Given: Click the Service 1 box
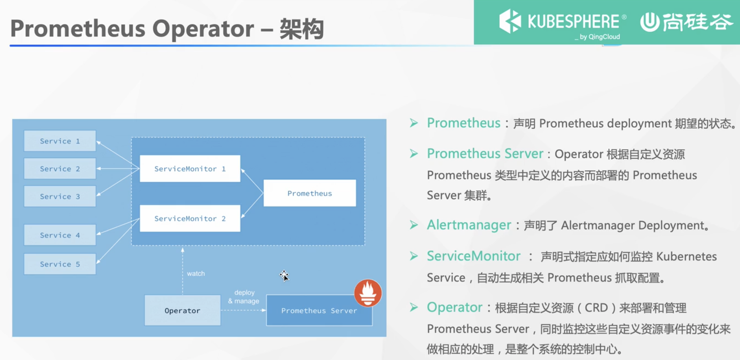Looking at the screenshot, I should (x=60, y=141).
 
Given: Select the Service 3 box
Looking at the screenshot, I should (x=60, y=196).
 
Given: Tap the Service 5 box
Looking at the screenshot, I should (x=60, y=264).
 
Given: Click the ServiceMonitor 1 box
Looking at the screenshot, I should (x=190, y=169).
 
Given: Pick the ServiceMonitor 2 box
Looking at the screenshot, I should (x=190, y=218).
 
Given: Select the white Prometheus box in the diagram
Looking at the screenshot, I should (x=309, y=193).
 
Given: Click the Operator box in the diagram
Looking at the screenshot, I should (x=182, y=310).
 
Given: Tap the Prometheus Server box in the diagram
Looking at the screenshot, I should (x=319, y=311).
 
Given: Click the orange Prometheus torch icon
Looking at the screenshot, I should (x=368, y=293).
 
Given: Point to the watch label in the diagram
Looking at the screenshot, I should (x=196, y=274).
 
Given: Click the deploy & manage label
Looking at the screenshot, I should (x=244, y=297).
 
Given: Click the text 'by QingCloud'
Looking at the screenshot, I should (x=599, y=37).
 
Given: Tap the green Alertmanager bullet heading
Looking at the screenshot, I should (x=469, y=225).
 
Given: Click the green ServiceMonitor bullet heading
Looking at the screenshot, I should (x=474, y=256).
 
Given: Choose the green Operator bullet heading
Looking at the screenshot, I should (x=454, y=307).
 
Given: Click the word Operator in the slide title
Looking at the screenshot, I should (x=203, y=29).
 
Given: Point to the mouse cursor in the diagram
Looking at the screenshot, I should (x=284, y=276).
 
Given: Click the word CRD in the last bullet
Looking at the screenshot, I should (x=596, y=308).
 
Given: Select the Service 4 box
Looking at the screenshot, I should (x=60, y=235).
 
